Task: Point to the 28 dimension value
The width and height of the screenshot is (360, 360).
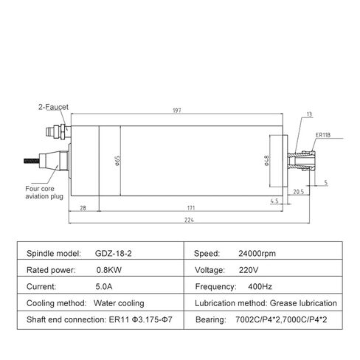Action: tap(83, 207)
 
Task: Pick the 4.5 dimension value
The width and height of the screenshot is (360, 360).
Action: tap(274, 200)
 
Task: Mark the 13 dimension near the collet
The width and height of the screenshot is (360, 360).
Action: tap(308, 115)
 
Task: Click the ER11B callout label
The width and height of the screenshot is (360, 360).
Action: tap(322, 135)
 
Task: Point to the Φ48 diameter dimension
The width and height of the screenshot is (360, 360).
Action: tap(266, 160)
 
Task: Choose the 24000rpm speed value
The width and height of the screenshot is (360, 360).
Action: tap(258, 253)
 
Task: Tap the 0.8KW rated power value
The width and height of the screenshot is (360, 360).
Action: tap(104, 269)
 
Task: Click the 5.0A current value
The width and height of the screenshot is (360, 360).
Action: tap(103, 286)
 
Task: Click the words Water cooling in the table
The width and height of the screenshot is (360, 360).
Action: tap(120, 302)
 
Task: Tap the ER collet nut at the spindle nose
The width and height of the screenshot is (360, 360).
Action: tap(305, 159)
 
